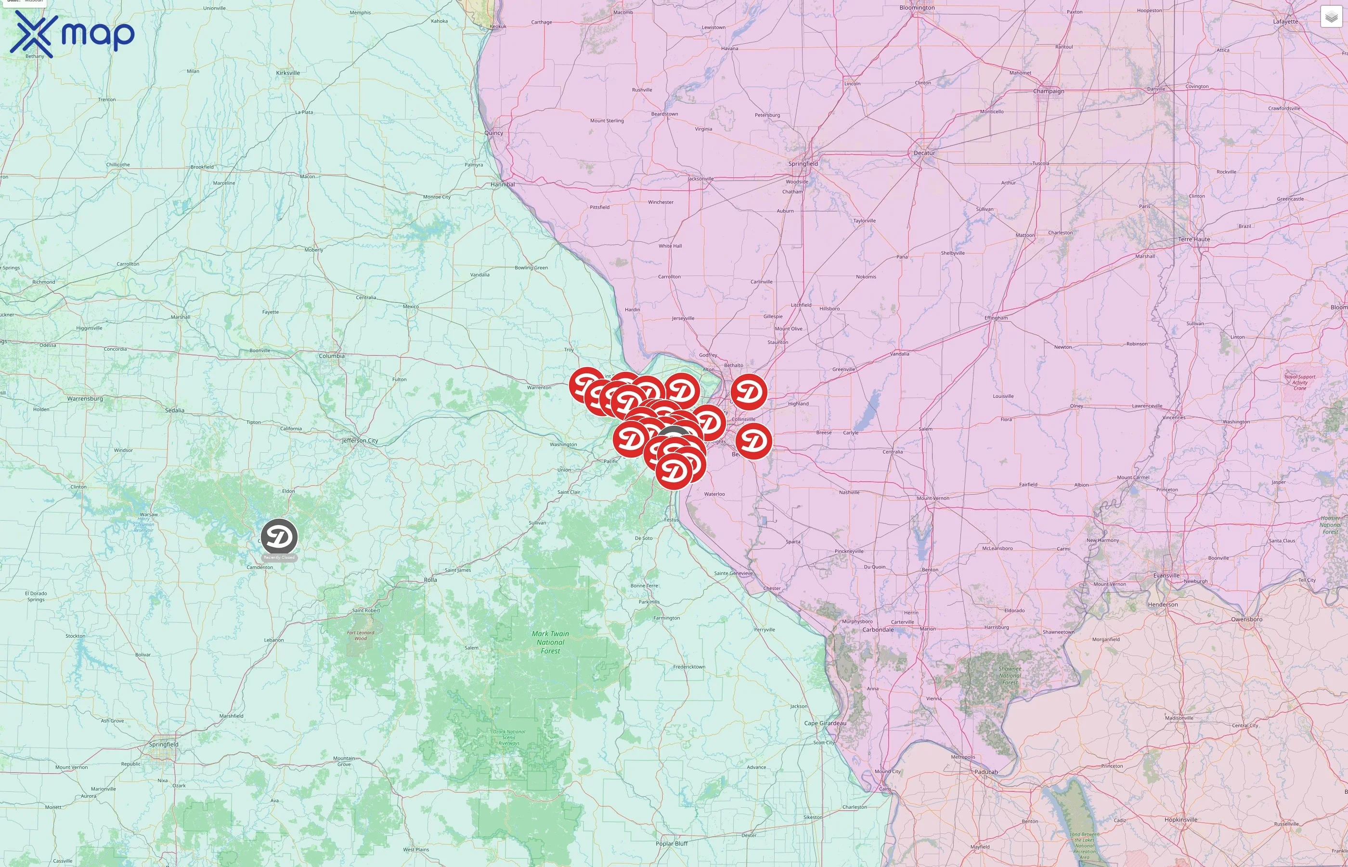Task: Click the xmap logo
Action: tap(72, 34)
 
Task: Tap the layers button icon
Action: tap(1331, 17)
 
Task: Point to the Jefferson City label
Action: tap(360, 441)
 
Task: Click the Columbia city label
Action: tap(331, 356)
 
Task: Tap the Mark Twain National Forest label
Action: tap(550, 642)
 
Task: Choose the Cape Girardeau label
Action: tap(825, 723)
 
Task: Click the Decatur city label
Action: tap(924, 153)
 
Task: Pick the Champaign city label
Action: tap(1049, 91)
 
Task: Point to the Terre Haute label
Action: tap(1194, 239)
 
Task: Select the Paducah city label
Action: tap(985, 772)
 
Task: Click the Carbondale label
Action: tap(878, 630)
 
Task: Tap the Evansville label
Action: tap(1167, 576)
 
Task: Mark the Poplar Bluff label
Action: tap(672, 843)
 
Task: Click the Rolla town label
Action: tap(430, 580)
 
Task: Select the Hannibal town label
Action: tap(503, 184)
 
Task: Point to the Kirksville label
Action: tap(288, 73)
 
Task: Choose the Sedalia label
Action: tap(174, 410)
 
